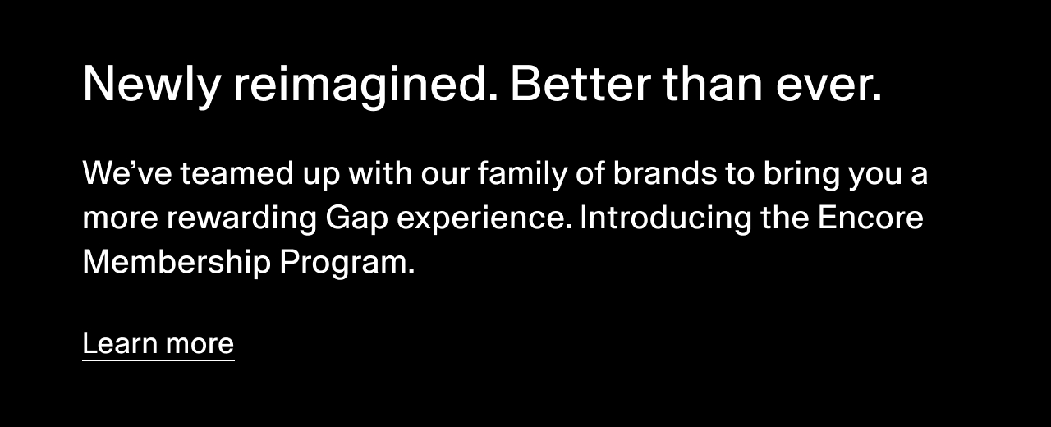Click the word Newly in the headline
(x=152, y=84)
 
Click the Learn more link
(x=158, y=344)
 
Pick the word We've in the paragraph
(x=127, y=172)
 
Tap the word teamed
(x=237, y=172)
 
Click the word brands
(x=665, y=172)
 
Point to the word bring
(x=801, y=174)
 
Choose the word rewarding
(x=241, y=218)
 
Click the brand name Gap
(x=356, y=219)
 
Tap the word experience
(x=484, y=219)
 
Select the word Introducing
(x=666, y=218)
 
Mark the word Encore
(x=870, y=218)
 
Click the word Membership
(x=177, y=262)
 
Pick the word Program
(x=347, y=264)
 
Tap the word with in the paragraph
(x=380, y=172)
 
